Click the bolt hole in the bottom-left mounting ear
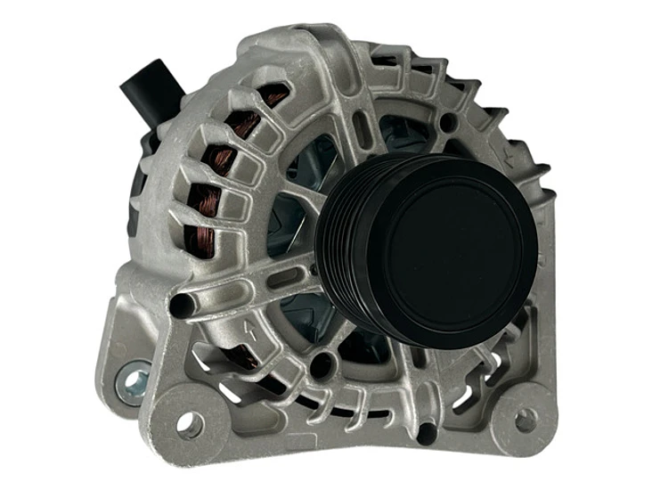(x=189, y=424)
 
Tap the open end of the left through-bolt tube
(x=180, y=306)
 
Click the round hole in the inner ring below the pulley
(x=323, y=363)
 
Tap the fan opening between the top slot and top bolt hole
(x=405, y=134)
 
